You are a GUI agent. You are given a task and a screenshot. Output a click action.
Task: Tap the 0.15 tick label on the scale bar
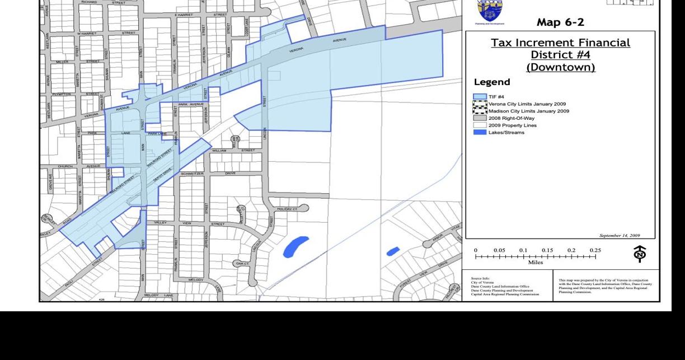pyautogui.click(x=547, y=250)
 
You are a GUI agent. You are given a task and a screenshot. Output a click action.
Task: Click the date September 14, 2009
pyautogui.click(x=620, y=236)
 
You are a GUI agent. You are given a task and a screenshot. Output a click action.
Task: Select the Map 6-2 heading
pyautogui.click(x=560, y=23)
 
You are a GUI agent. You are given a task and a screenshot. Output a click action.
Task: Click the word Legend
pyautogui.click(x=492, y=82)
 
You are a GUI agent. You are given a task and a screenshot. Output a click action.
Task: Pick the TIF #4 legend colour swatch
pyautogui.click(x=480, y=97)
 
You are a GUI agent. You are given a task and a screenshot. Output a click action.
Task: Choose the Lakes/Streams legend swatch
pyautogui.click(x=480, y=132)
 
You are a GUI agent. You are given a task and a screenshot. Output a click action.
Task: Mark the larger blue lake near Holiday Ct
pyautogui.click(x=295, y=246)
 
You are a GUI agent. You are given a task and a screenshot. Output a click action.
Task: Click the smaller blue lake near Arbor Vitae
pyautogui.click(x=393, y=251)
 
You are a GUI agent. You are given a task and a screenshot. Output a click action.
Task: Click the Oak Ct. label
pyautogui.click(x=243, y=262)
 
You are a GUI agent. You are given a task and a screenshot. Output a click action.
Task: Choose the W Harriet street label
pyautogui.click(x=91, y=33)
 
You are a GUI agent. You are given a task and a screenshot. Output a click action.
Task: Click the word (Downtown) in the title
pyautogui.click(x=560, y=67)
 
